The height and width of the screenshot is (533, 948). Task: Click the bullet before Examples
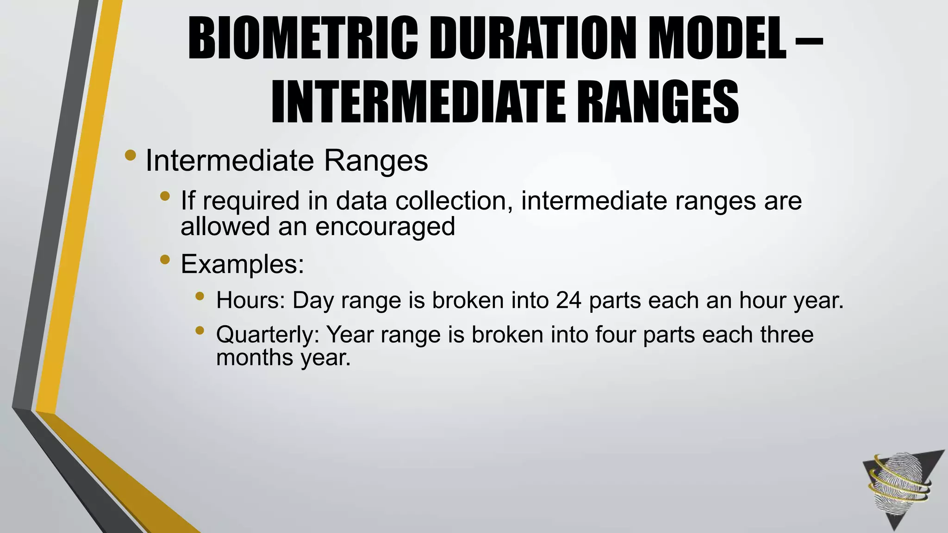pos(164,260)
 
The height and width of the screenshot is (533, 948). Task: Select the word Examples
pos(242,264)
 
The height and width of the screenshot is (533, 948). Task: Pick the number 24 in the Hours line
pos(569,300)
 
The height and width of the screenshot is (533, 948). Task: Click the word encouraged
pos(385,227)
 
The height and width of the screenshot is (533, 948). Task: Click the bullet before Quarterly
pos(200,330)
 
